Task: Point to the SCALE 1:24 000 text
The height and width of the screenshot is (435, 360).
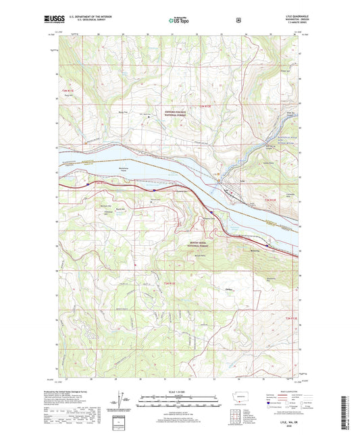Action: click(179, 393)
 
